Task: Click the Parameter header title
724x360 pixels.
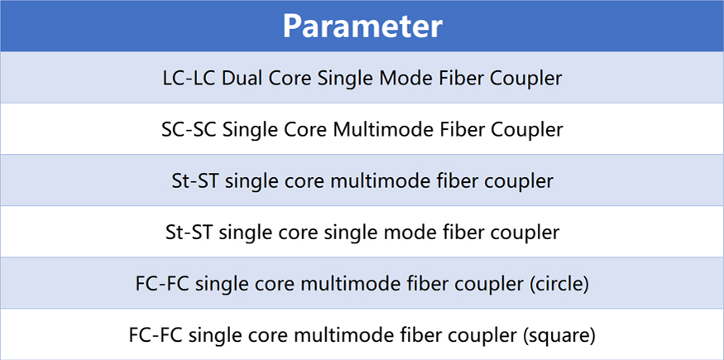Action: click(x=362, y=26)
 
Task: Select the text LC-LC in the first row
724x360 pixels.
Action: click(x=189, y=79)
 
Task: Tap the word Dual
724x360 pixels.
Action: click(x=241, y=79)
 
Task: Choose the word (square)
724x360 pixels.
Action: click(x=559, y=335)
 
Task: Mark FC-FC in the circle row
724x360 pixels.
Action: click(x=163, y=284)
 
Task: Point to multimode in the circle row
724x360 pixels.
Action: click(x=344, y=284)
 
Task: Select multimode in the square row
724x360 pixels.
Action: click(x=337, y=335)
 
